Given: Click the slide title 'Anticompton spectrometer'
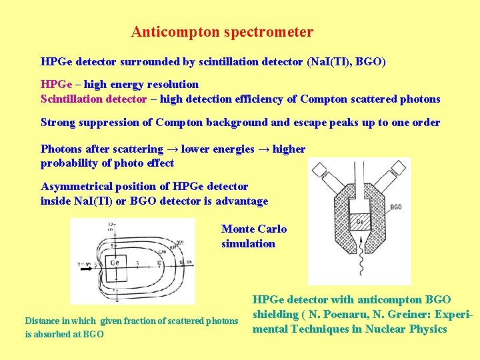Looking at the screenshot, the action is click(222, 32).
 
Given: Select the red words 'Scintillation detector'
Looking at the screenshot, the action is click(93, 99).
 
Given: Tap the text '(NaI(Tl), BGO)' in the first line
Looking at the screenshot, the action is click(345, 62).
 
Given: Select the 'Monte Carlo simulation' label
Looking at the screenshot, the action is click(253, 236).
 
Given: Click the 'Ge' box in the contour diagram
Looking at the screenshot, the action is click(114, 263).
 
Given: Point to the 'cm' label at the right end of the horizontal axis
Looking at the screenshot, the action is click(189, 261).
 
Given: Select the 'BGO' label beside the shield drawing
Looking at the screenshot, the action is click(395, 208).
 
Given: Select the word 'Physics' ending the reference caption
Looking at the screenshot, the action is click(427, 329).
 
